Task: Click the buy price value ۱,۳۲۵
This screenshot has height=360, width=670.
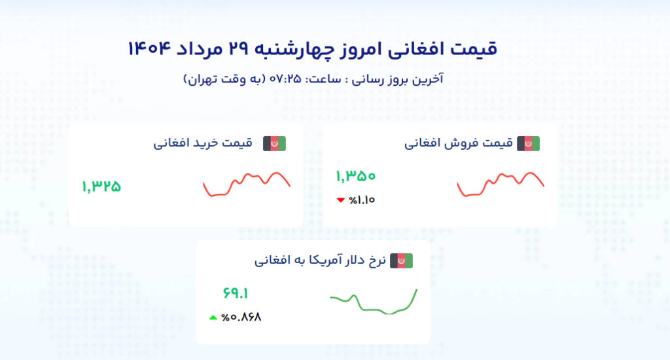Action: point(101,187)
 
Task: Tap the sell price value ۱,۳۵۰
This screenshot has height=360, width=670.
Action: point(355,175)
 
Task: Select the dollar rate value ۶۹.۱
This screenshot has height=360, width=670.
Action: point(236,293)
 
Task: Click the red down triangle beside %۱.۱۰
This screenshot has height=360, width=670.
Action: point(340,200)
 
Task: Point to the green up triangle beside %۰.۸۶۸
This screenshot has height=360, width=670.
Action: point(213,317)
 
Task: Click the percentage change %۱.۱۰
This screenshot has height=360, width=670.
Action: point(362,200)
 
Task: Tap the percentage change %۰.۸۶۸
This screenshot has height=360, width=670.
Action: point(241,317)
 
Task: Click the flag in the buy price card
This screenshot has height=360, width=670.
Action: point(274,143)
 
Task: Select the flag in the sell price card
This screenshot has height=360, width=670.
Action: point(528,143)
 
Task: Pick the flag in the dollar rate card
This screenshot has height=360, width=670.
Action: point(401,261)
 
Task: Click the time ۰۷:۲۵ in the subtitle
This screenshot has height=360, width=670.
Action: point(285,79)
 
